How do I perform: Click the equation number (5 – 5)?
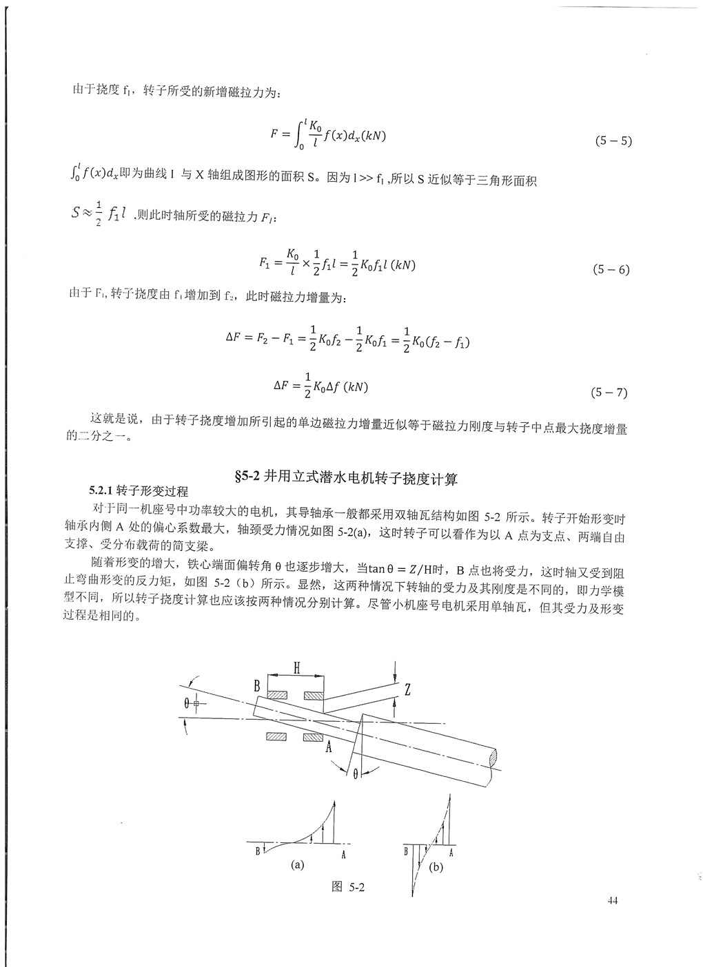(x=613, y=142)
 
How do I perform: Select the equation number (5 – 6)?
(x=611, y=269)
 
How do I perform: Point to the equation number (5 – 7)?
(x=609, y=393)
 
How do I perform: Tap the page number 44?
(x=614, y=900)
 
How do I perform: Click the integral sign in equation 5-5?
(x=298, y=135)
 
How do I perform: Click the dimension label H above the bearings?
(x=296, y=667)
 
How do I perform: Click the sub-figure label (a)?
(x=298, y=864)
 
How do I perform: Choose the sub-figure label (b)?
(x=436, y=867)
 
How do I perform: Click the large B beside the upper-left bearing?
(x=256, y=685)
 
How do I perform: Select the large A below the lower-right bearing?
(x=329, y=747)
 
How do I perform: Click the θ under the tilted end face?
(x=356, y=773)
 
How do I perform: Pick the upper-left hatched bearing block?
(x=278, y=695)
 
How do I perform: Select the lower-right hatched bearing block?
(x=312, y=738)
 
